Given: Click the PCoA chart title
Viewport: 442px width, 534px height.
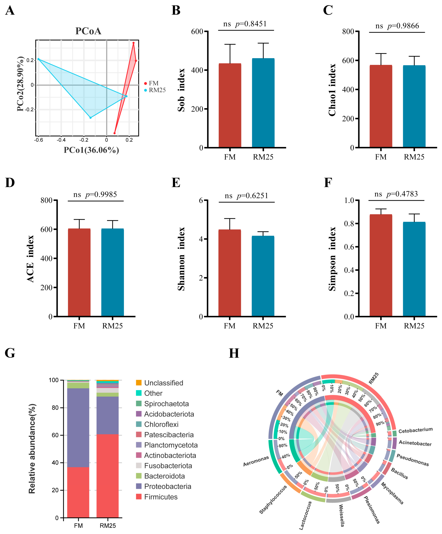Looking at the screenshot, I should [x=88, y=31].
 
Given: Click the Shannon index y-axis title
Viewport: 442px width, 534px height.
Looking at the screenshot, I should [x=181, y=259].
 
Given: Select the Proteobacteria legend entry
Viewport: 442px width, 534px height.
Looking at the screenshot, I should [x=168, y=486].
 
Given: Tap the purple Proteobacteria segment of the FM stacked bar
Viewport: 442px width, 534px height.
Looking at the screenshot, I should [x=78, y=427].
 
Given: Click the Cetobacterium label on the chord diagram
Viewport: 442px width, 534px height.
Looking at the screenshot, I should [x=415, y=430].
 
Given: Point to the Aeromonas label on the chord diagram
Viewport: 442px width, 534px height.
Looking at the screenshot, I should [x=256, y=461].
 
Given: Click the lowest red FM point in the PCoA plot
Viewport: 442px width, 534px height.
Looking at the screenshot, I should [x=114, y=133].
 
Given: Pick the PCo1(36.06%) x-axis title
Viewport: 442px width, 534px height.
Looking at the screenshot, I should [x=91, y=150].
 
